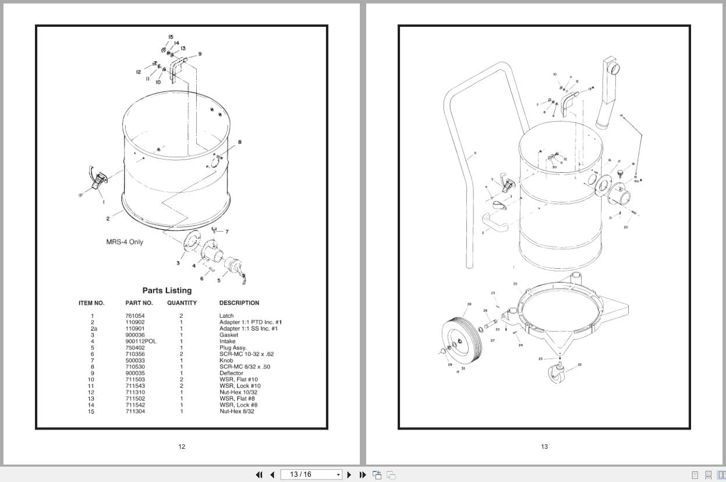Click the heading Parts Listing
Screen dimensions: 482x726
click(167, 290)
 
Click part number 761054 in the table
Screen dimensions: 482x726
click(135, 316)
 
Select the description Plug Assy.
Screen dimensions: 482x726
click(233, 348)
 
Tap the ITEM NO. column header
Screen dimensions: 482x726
click(91, 303)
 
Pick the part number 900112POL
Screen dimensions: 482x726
click(141, 341)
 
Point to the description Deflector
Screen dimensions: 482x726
click(231, 373)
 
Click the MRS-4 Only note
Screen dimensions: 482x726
click(125, 242)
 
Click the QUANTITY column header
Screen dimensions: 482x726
click(182, 303)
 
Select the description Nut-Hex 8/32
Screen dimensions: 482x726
click(236, 412)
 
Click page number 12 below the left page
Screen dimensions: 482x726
click(182, 446)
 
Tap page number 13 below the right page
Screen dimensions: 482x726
click(544, 446)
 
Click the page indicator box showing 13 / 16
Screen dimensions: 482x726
click(311, 474)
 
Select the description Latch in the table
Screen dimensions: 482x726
click(226, 316)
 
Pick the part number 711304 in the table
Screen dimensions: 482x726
click(135, 412)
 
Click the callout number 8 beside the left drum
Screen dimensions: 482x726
click(240, 142)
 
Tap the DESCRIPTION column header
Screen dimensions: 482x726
click(239, 303)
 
